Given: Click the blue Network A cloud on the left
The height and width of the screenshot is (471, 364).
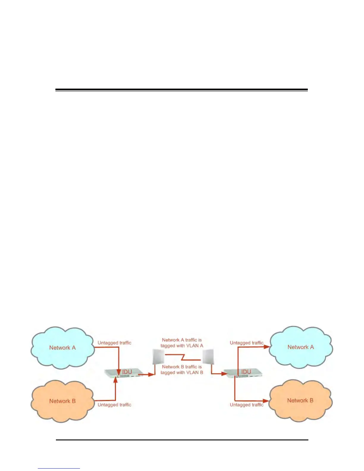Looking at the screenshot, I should click(62, 348).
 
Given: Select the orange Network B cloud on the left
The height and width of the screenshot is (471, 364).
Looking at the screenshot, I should click(62, 401).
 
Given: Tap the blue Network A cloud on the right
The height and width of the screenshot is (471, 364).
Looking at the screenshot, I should click(300, 347).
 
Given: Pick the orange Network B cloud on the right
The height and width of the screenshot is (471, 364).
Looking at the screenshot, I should click(300, 401).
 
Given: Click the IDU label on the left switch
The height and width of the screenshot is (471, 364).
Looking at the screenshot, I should click(127, 372).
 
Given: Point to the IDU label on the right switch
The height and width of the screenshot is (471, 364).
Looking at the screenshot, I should click(246, 372).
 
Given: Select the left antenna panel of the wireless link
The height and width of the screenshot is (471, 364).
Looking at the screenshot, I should click(158, 357).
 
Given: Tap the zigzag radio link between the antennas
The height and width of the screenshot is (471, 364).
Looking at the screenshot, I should click(183, 357).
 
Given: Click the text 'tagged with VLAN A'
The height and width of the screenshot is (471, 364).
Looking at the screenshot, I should click(182, 346).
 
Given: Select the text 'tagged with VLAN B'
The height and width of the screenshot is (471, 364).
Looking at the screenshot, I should click(182, 373).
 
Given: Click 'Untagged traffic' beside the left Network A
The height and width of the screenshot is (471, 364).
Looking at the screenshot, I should click(114, 343).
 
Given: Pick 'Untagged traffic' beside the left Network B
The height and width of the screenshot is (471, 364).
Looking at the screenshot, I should click(114, 405).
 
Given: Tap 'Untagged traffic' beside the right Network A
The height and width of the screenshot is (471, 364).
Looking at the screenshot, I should click(247, 343).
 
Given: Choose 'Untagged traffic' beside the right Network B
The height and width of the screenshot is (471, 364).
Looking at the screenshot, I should click(247, 405).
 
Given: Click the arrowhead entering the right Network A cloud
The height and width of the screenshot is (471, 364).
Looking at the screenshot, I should click(267, 347).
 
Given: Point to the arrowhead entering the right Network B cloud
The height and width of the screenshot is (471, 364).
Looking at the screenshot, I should click(266, 401).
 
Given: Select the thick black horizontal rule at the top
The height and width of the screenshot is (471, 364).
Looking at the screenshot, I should click(181, 90).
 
